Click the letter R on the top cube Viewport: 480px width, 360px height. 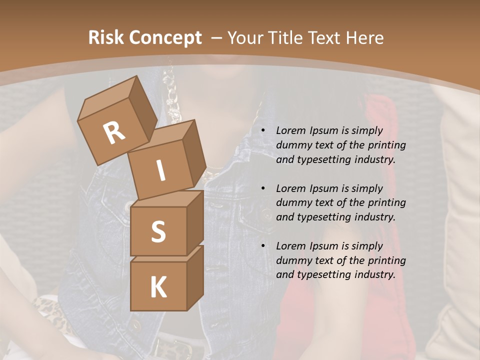tap(114, 133)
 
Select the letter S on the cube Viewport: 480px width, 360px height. tap(158, 231)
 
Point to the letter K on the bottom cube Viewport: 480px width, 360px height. tap(158, 287)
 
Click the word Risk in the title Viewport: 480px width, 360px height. tap(106, 37)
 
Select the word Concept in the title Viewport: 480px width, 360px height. tap(166, 37)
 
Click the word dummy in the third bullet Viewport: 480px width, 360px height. tap(293, 260)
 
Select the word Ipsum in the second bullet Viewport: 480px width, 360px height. tap(325, 188)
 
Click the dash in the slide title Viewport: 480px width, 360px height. tap(216, 37)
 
